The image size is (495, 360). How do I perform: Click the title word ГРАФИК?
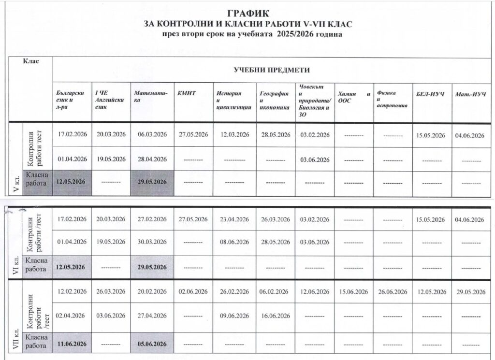coord(247,14)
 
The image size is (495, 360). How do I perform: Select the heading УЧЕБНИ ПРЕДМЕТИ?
coord(272,70)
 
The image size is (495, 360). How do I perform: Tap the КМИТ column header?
coord(187,93)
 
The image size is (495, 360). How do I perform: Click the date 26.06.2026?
coord(393,291)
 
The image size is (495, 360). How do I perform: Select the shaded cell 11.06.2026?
coord(72,344)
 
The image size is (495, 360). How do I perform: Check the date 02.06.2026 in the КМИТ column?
coord(193,291)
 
